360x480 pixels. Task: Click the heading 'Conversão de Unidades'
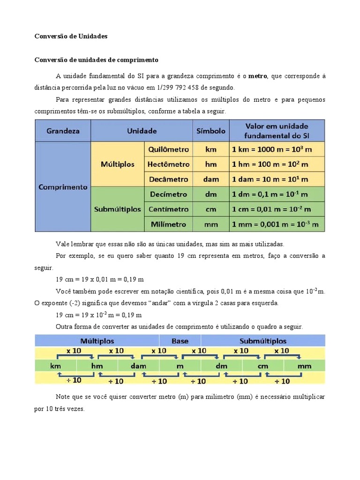71,36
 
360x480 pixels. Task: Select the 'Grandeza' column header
63,131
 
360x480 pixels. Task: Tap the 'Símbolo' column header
211,131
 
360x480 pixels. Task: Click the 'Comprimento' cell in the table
63,187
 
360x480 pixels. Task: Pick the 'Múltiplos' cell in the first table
118,164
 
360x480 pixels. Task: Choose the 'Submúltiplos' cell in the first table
118,209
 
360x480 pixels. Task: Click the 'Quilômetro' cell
169,150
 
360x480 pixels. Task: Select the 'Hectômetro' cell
169,165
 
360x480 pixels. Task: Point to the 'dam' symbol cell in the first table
211,179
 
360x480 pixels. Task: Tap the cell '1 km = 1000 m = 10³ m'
277,150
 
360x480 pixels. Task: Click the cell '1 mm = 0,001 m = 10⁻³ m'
277,224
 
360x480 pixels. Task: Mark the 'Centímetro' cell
169,209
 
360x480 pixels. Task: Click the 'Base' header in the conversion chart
180,341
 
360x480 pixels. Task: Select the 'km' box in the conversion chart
56,366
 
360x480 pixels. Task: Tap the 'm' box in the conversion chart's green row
180,366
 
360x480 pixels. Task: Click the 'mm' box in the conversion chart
304,366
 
